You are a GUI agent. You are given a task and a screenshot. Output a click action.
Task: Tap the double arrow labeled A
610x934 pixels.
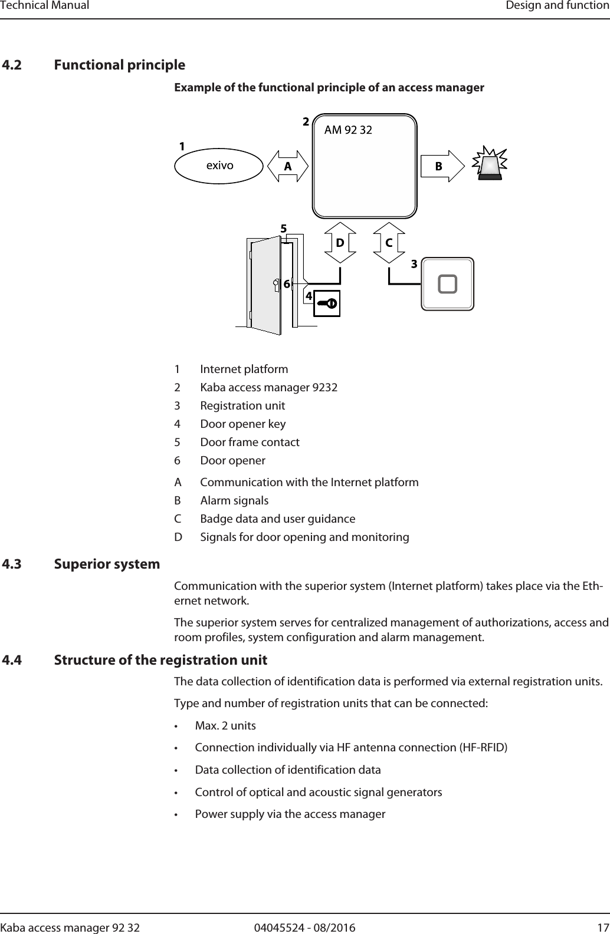[288, 166]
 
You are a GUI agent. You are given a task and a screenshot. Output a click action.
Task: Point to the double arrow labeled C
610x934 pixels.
[389, 242]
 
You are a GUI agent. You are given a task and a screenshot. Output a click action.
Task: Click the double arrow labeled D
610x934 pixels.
[340, 242]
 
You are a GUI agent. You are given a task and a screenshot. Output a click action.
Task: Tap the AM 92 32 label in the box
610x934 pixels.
[348, 130]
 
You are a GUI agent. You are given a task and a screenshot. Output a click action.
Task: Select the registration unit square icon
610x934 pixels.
[447, 283]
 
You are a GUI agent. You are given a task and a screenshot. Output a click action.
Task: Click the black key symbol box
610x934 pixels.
[326, 303]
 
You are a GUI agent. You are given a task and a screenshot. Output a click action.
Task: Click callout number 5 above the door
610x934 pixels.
[283, 227]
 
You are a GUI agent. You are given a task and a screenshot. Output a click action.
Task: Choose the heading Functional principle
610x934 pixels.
[119, 64]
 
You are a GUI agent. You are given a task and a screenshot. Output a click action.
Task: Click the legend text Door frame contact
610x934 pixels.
[250, 442]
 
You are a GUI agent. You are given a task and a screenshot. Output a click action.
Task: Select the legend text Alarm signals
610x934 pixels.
[234, 500]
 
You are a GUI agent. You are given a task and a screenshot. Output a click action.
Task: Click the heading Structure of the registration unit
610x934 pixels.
[160, 659]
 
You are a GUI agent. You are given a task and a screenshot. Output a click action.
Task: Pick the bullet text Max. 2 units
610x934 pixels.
[225, 725]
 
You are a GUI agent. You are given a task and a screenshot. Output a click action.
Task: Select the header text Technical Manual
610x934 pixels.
[45, 6]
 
